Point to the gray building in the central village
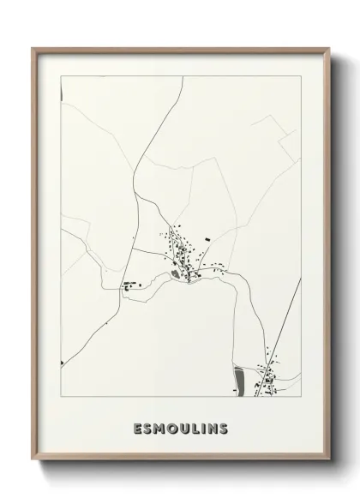tap(178, 274)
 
